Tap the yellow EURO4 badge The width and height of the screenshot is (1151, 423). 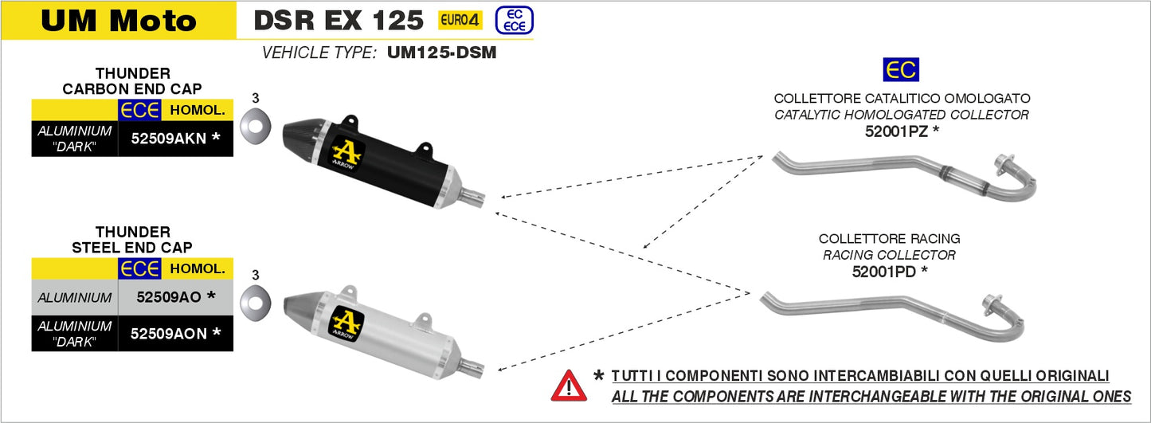tap(460, 20)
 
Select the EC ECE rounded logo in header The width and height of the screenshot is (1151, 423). tap(514, 20)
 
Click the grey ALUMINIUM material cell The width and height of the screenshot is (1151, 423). tap(74, 297)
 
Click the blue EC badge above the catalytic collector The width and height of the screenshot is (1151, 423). tap(901, 70)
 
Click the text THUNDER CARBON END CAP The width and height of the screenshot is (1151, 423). tap(132, 81)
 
